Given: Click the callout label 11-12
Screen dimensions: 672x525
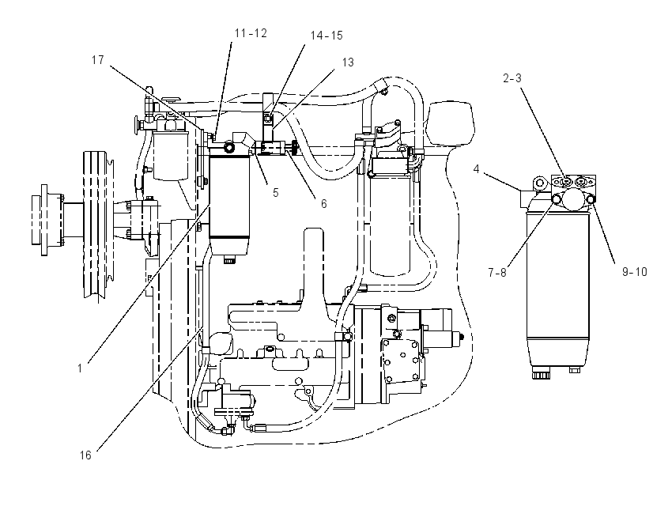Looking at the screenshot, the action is tap(251, 33).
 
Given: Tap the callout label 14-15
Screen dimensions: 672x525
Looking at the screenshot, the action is tap(327, 36).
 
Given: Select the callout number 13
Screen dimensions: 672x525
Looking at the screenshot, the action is tap(348, 62).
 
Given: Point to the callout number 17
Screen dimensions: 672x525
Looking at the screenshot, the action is tap(98, 60).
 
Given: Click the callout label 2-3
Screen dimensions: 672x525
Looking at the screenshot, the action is tap(512, 78).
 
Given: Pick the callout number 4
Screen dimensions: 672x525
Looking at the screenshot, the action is tap(476, 169).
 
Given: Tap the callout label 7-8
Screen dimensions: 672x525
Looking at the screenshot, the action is tap(497, 273).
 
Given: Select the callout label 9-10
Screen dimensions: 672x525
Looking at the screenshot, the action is tap(634, 272).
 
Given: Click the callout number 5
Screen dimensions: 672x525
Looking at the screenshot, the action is tap(276, 193).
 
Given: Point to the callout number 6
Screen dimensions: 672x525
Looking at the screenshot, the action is tap(324, 204).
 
